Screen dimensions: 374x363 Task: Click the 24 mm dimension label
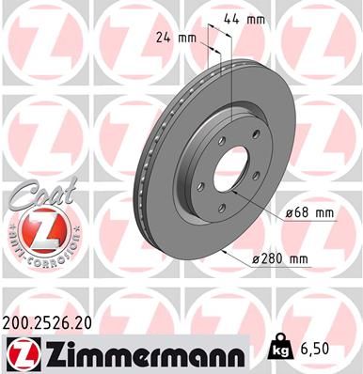178,39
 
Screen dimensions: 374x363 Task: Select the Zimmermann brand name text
141,352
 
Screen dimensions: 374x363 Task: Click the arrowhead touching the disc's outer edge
225,251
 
